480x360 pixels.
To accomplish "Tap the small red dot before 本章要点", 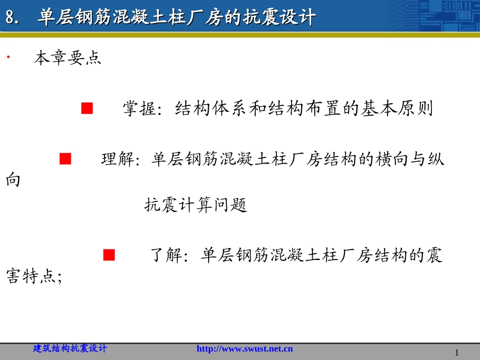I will click(9, 57).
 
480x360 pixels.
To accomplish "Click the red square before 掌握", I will click(87, 108).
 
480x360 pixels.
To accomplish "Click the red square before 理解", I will click(65, 159).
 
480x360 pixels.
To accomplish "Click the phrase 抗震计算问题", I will click(196, 205).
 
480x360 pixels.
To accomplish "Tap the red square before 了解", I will click(109, 255).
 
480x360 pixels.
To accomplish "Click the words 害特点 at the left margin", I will click(30, 277).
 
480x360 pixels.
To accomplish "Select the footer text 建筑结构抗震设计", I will click(70, 348).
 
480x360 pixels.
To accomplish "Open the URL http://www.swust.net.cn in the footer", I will click(244, 349).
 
